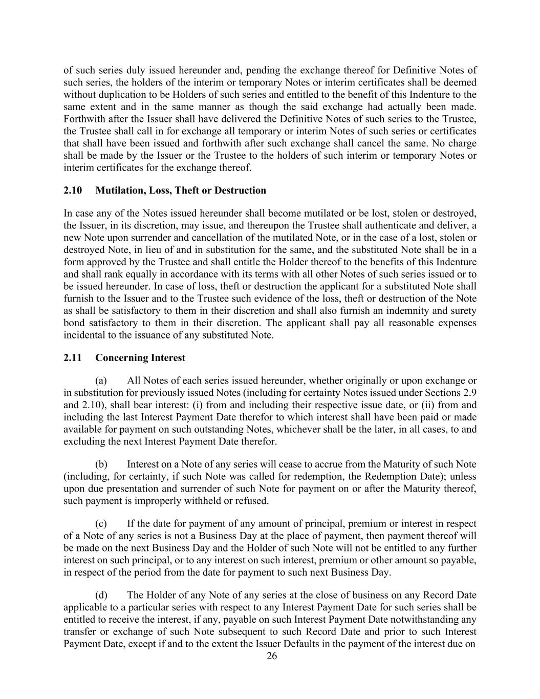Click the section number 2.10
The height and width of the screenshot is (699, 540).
[x=73, y=190]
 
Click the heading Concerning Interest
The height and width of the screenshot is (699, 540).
[x=140, y=358]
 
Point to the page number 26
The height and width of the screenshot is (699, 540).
[x=272, y=656]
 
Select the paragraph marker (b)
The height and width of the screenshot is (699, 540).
[x=101, y=464]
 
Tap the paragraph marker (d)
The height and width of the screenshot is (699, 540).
[x=101, y=596]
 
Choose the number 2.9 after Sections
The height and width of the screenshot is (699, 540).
[x=470, y=393]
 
